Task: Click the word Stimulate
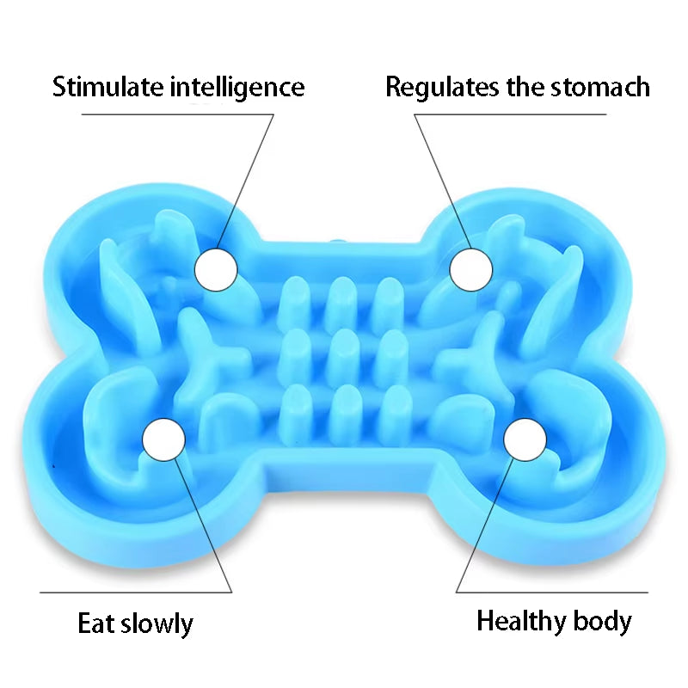coord(107,87)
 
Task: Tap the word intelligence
coord(237,88)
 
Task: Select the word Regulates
coord(442,88)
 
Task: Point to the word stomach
coord(600,87)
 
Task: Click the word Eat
coord(96,623)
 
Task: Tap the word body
coord(603,621)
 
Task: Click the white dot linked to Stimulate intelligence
coord(216,269)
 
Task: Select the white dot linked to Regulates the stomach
coord(471,269)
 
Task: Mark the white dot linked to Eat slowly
coord(164,439)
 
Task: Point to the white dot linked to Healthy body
coord(525,439)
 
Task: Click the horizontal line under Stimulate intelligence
coord(178,114)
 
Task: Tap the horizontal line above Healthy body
coord(552,592)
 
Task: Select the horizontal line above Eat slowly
coord(136,592)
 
